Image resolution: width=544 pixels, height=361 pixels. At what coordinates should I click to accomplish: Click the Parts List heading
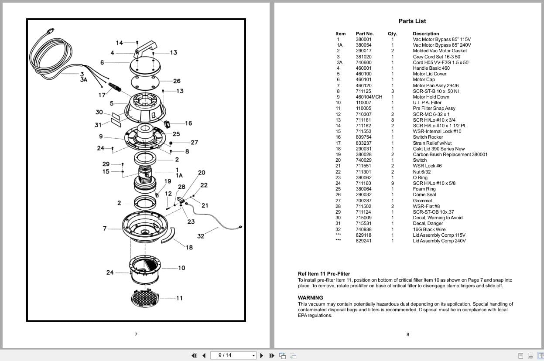click(x=412, y=21)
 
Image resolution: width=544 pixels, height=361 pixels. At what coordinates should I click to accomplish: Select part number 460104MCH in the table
click(x=369, y=97)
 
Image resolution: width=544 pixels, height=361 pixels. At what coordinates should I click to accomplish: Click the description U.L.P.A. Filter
click(x=427, y=103)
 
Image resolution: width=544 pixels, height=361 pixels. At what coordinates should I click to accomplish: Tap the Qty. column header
click(x=392, y=34)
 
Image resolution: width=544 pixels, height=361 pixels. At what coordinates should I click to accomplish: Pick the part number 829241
click(x=363, y=241)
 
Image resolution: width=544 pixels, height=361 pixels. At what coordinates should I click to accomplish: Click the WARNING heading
click(x=310, y=298)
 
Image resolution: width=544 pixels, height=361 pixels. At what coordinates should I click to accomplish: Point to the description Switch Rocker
click(x=428, y=137)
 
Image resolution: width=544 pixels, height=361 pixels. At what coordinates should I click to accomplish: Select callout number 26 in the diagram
click(x=177, y=81)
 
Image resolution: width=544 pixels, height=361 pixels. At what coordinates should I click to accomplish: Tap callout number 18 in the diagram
click(x=189, y=247)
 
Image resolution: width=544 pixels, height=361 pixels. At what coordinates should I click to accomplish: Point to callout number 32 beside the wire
click(x=201, y=236)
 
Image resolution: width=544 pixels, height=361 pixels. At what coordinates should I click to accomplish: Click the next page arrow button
click(x=262, y=356)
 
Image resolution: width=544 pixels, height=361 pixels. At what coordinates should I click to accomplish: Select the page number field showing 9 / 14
click(x=233, y=355)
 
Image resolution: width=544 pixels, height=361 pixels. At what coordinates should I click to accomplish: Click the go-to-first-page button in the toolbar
click(x=194, y=356)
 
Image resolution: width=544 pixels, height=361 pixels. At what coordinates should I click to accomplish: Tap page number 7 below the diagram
click(x=136, y=334)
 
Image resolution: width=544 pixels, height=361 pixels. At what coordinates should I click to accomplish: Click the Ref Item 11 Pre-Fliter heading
click(x=324, y=274)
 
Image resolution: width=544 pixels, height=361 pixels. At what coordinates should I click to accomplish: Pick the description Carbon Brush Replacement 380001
click(x=450, y=155)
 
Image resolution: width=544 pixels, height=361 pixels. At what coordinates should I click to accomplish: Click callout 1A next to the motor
click(x=179, y=176)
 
